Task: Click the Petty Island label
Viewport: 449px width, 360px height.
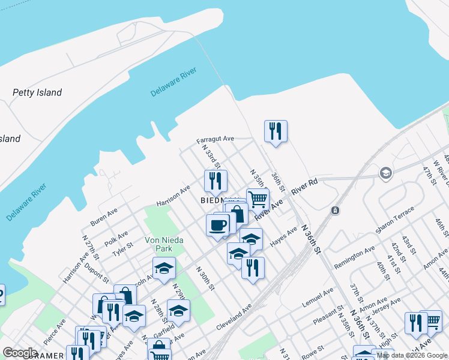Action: (x=37, y=92)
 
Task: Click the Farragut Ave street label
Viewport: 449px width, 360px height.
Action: (x=215, y=139)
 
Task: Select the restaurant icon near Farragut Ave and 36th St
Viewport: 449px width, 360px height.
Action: (x=276, y=131)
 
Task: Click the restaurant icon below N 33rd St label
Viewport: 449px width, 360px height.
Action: (x=215, y=181)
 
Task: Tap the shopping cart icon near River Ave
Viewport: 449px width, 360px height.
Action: (x=257, y=199)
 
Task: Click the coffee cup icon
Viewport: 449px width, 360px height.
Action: (x=218, y=225)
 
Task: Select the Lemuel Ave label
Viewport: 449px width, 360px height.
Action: (x=317, y=298)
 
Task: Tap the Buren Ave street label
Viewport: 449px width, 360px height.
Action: (x=104, y=217)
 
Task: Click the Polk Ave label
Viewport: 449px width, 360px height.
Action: (x=116, y=238)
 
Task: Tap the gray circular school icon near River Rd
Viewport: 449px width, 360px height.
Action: (x=385, y=173)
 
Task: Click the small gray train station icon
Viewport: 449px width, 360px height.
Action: (x=335, y=211)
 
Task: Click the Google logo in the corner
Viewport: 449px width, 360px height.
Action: (x=20, y=353)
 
